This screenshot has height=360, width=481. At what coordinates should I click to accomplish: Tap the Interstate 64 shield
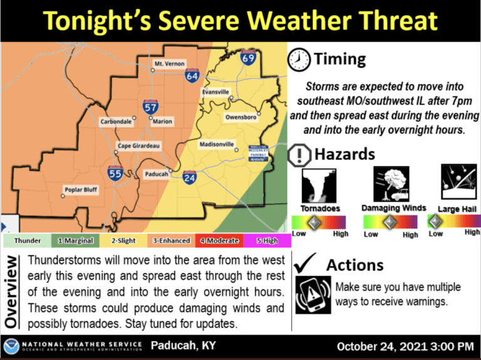[192, 76]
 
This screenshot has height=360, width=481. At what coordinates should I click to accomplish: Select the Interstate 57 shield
[150, 106]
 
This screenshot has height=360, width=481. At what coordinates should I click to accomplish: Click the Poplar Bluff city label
[81, 189]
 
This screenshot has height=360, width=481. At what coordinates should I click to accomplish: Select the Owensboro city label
[240, 117]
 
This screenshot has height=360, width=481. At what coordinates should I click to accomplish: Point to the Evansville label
[215, 92]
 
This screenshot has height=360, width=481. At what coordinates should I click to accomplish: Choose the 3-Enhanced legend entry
[169, 240]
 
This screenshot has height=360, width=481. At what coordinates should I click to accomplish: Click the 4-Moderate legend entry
[217, 240]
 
